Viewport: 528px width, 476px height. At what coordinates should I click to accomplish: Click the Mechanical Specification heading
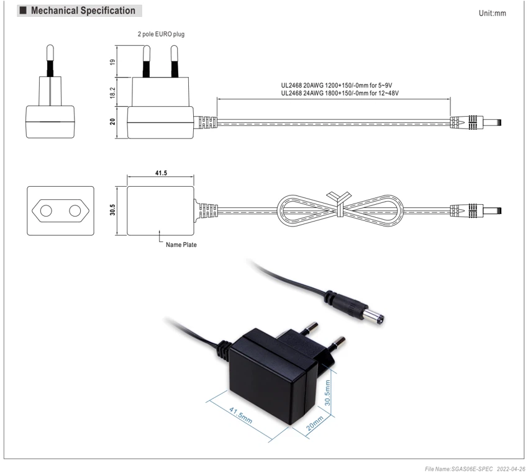pos(83,11)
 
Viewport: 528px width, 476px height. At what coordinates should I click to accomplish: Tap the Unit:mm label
pos(493,13)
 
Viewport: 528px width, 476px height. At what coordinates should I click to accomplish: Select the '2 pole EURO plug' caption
pos(161,34)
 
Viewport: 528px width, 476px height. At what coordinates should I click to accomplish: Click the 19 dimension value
pos(112,62)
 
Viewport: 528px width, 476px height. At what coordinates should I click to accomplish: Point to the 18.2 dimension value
pos(112,92)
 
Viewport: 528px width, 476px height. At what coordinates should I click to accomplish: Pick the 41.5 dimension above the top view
pos(161,173)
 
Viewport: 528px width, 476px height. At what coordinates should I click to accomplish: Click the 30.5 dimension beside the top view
pos(112,210)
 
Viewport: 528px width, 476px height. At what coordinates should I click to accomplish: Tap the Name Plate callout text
pos(181,245)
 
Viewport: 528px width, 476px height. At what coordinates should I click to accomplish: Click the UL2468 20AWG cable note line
pos(337,86)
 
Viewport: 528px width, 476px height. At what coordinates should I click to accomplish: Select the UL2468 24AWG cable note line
pos(340,93)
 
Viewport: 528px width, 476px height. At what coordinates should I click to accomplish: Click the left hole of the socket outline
pos(46,211)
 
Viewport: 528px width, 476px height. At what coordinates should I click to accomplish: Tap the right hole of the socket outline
pos(75,211)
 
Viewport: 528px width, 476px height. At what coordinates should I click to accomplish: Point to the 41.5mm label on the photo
pos(240,415)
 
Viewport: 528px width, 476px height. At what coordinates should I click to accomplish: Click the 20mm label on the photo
pos(315,423)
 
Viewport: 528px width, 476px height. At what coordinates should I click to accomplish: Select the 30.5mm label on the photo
pos(327,393)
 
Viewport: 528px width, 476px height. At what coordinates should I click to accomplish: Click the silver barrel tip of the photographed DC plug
pos(374,317)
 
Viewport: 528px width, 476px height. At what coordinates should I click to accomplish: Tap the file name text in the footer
pos(458,469)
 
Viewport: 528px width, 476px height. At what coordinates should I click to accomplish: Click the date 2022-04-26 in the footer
pos(511,469)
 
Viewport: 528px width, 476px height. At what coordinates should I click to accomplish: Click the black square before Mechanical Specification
pos(23,11)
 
